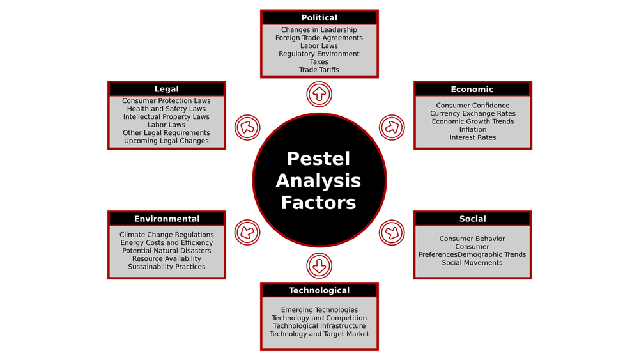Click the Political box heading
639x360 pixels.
319,18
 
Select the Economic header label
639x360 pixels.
472,90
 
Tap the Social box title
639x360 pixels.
472,219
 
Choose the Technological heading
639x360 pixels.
319,291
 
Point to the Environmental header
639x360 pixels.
167,219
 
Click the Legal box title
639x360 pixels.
167,90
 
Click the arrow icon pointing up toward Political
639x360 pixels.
319,95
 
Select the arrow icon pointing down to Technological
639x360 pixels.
319,265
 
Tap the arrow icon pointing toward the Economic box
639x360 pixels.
392,127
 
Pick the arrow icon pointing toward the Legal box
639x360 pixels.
247,127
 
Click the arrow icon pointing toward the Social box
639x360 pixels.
392,232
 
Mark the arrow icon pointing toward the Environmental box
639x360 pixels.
247,232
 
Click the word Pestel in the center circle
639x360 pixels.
318,159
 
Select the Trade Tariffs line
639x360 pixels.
319,70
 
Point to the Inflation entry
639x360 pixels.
473,130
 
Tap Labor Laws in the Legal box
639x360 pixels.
166,125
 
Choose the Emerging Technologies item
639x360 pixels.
319,310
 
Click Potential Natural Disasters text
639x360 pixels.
167,251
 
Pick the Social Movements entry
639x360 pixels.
472,263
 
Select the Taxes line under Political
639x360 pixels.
319,62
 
